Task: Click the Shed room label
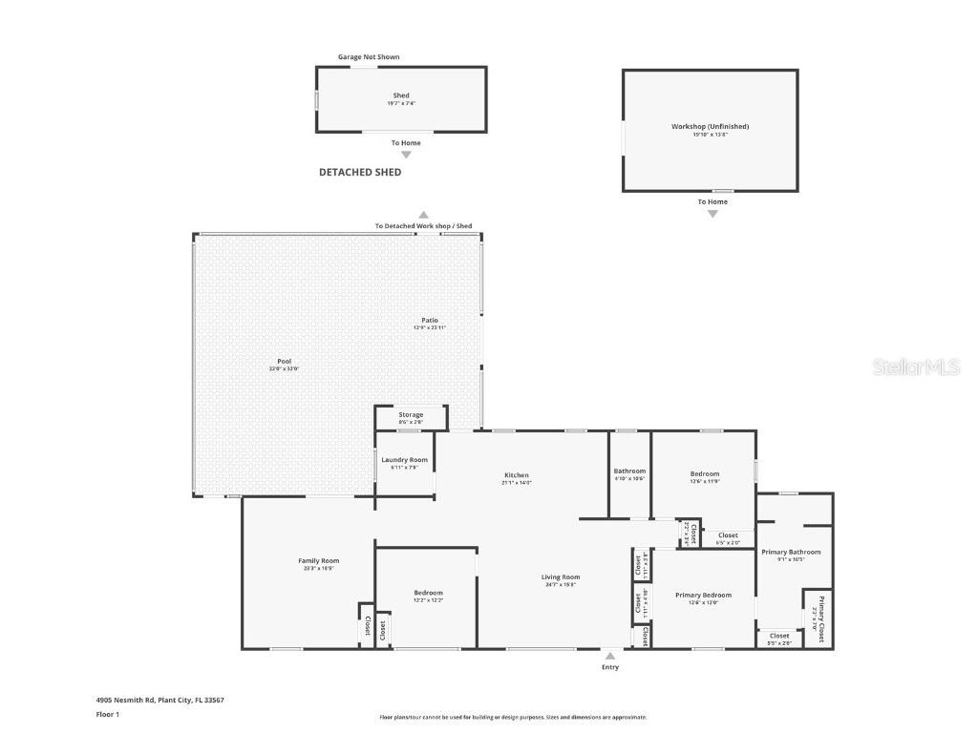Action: pyautogui.click(x=401, y=95)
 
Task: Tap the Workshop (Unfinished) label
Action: pyautogui.click(x=710, y=126)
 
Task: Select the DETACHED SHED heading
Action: pyautogui.click(x=360, y=173)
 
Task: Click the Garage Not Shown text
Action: pyautogui.click(x=369, y=57)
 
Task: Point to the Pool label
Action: pyautogui.click(x=284, y=362)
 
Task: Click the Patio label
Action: pyautogui.click(x=430, y=320)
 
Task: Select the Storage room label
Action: pyautogui.click(x=411, y=415)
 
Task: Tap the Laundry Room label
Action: pyautogui.click(x=405, y=460)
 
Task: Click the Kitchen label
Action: pyautogui.click(x=517, y=475)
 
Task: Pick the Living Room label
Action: pyautogui.click(x=561, y=576)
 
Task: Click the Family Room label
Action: pyautogui.click(x=318, y=561)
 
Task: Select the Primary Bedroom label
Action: pyautogui.click(x=703, y=595)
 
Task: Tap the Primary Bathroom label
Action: pyautogui.click(x=791, y=552)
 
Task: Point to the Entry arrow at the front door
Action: pyautogui.click(x=609, y=656)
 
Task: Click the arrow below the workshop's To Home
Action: pyautogui.click(x=712, y=214)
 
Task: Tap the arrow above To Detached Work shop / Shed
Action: pyautogui.click(x=423, y=216)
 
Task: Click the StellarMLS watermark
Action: pyautogui.click(x=916, y=366)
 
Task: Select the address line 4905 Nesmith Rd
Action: pyautogui.click(x=160, y=700)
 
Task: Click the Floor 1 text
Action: pyautogui.click(x=108, y=714)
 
